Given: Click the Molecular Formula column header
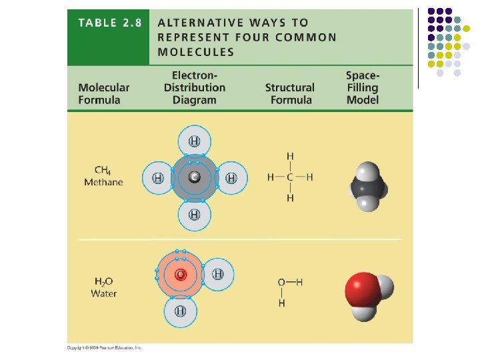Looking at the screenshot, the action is pyautogui.click(x=103, y=93).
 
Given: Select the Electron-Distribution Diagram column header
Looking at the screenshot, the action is pyautogui.click(x=195, y=87).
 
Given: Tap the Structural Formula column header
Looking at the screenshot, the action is pyautogui.click(x=290, y=93).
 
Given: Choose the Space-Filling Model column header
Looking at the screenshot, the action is pyautogui.click(x=363, y=87).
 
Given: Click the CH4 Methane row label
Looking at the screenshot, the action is pyautogui.click(x=103, y=177).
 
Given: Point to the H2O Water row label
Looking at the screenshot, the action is pyautogui.click(x=104, y=288).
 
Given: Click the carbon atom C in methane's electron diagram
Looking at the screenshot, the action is pyautogui.click(x=194, y=177).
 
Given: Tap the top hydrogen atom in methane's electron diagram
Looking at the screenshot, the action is pyautogui.click(x=194, y=141).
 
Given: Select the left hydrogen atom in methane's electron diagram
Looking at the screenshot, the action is pyautogui.click(x=158, y=178).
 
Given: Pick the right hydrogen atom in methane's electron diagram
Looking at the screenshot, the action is pyautogui.click(x=231, y=178).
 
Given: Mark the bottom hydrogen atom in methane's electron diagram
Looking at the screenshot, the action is pyautogui.click(x=194, y=214).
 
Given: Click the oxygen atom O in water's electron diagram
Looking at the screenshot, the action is pyautogui.click(x=180, y=275).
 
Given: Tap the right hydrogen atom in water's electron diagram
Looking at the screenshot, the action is pyautogui.click(x=218, y=274).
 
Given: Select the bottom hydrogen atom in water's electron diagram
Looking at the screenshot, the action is pyautogui.click(x=180, y=311).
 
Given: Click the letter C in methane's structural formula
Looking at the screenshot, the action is pyautogui.click(x=290, y=177).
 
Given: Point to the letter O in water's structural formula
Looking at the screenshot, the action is pyautogui.click(x=282, y=282).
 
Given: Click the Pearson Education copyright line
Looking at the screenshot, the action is pyautogui.click(x=105, y=347).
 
